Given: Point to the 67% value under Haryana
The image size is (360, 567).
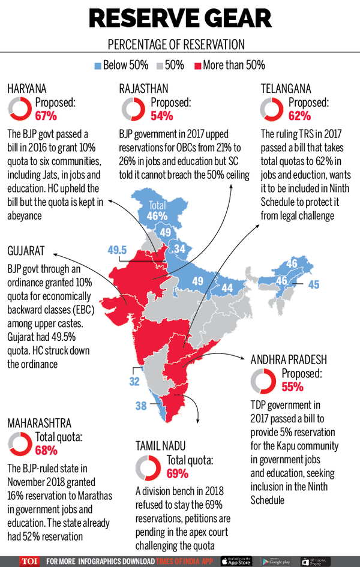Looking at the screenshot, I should point(46,115).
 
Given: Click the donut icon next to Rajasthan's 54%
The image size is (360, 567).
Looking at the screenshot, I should point(132,109).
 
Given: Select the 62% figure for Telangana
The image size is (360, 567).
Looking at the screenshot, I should point(299,115).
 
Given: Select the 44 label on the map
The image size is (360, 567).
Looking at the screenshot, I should point(227,288).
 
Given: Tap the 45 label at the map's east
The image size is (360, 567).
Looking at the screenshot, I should point(314,284).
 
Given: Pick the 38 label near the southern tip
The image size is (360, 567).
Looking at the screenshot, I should point(141,406).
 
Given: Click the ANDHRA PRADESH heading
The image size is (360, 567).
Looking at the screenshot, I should point(289,360).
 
